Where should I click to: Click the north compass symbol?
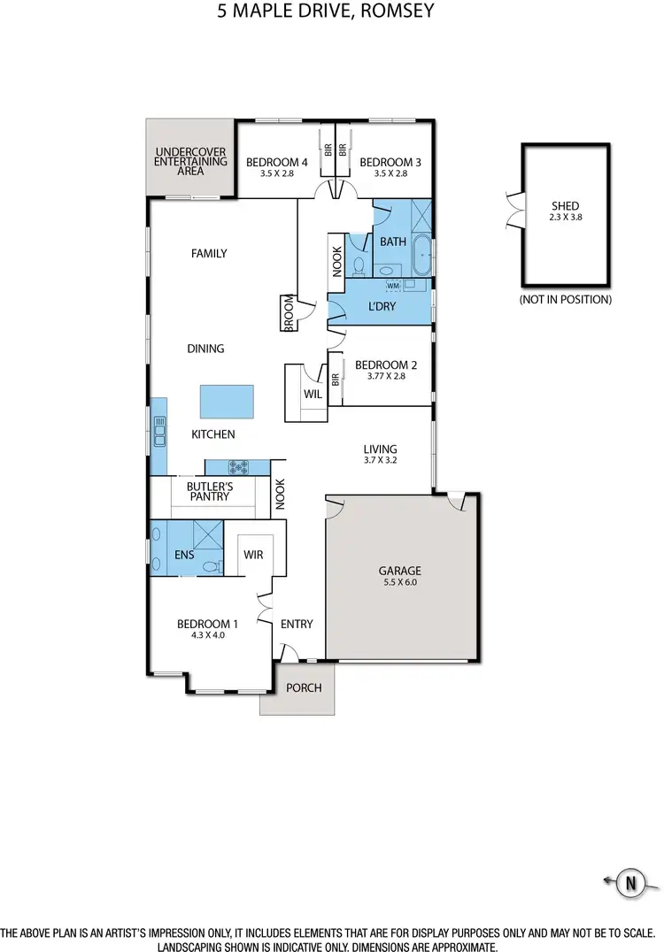coord(630,881)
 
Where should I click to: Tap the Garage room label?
coord(401,571)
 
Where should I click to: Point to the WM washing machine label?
coord(393,286)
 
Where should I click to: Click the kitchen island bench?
coord(227,401)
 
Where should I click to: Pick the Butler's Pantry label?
coord(208,491)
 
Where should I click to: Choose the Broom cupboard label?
coord(289,313)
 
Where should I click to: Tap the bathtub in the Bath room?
coord(422,256)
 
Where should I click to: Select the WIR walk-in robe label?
coord(255,555)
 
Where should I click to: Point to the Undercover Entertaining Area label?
coord(190,163)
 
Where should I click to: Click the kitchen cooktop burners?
coord(239,465)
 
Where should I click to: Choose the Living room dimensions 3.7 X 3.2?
coord(380,461)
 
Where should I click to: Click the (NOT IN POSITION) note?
coord(565,300)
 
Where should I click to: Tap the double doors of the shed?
coord(512,210)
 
